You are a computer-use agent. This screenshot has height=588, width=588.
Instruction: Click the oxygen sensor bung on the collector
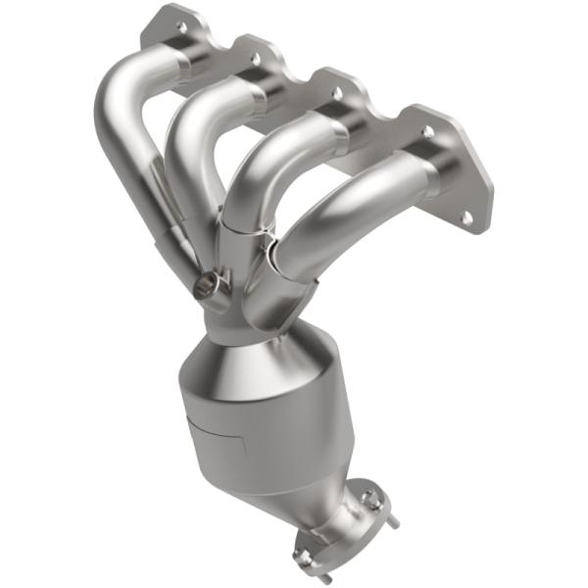point(206,286)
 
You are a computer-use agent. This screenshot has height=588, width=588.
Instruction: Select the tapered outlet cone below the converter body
point(294,490)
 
